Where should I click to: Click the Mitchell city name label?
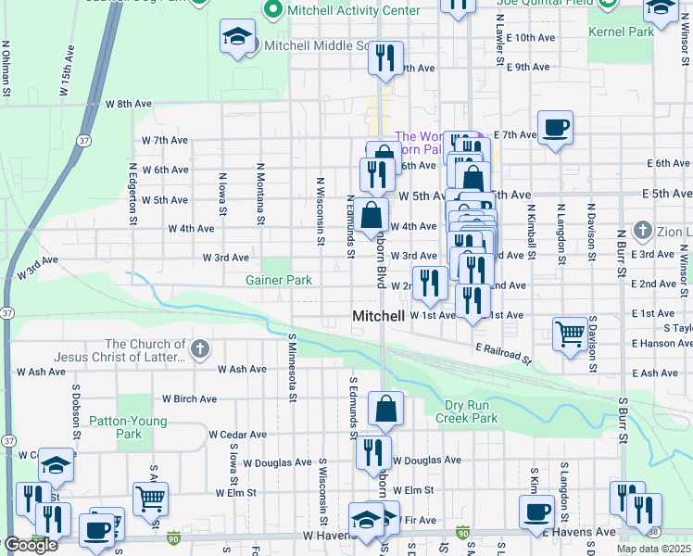pyautogui.click(x=378, y=317)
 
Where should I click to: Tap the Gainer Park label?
pyautogui.click(x=278, y=280)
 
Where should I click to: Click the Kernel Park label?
pyautogui.click(x=621, y=32)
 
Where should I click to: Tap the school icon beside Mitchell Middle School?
pyautogui.click(x=237, y=38)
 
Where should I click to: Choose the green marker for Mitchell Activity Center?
pyautogui.click(x=272, y=10)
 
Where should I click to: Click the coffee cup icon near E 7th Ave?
pyautogui.click(x=555, y=128)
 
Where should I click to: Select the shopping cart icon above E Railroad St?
pyautogui.click(x=570, y=334)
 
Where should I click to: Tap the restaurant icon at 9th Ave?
pyautogui.click(x=385, y=57)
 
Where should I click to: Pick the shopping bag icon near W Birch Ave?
pyautogui.click(x=385, y=408)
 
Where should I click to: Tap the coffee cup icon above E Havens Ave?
pyautogui.click(x=535, y=512)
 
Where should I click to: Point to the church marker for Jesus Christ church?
pyautogui.click(x=201, y=349)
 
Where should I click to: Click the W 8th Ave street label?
pyautogui.click(x=128, y=104)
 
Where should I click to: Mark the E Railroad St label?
pyautogui.click(x=504, y=352)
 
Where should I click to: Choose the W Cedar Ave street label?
pyautogui.click(x=237, y=434)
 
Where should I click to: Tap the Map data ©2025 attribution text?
pyautogui.click(x=653, y=549)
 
